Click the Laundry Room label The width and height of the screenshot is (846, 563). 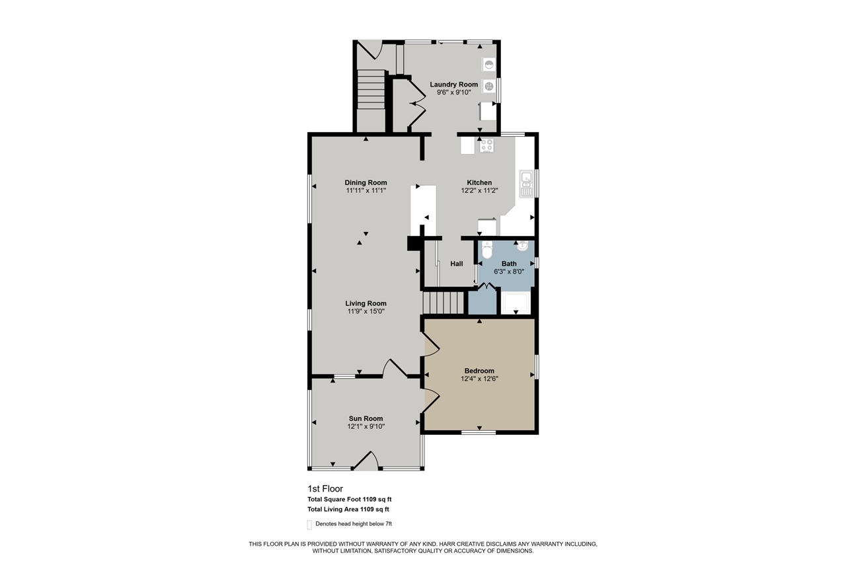point(453,85)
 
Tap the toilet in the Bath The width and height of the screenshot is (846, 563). point(487,250)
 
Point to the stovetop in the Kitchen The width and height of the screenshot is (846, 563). point(486,145)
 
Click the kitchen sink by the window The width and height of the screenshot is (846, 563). point(527,184)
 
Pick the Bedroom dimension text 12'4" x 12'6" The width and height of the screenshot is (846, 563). point(479,379)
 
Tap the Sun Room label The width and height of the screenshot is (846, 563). point(366,418)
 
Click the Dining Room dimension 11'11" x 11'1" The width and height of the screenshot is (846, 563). point(365,190)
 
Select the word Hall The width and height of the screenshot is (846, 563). point(457,264)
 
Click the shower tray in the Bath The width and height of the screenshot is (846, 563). point(516,303)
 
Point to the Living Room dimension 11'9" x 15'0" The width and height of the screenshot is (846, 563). point(365,311)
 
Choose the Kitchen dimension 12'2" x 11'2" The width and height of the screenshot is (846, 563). point(479,190)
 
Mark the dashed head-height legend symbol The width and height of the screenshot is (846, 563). point(309,525)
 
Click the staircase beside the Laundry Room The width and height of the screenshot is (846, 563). point(371,92)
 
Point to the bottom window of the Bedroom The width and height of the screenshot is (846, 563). point(479,433)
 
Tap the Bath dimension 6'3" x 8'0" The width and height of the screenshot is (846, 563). point(509,271)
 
